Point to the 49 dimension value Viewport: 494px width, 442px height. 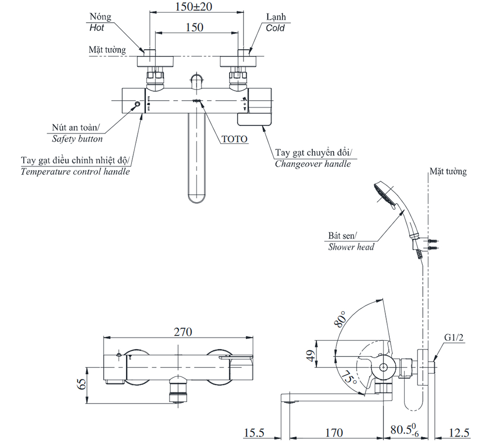[x=310, y=356]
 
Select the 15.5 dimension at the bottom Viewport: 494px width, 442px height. [x=255, y=433]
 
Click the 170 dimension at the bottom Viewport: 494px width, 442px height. [x=334, y=433]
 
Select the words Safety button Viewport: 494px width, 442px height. [x=78, y=139]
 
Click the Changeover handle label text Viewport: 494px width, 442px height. [x=313, y=163]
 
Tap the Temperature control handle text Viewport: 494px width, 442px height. [x=76, y=172]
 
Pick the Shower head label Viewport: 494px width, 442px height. [x=351, y=247]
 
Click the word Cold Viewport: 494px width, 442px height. [x=275, y=28]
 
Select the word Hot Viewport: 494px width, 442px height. [x=97, y=28]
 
